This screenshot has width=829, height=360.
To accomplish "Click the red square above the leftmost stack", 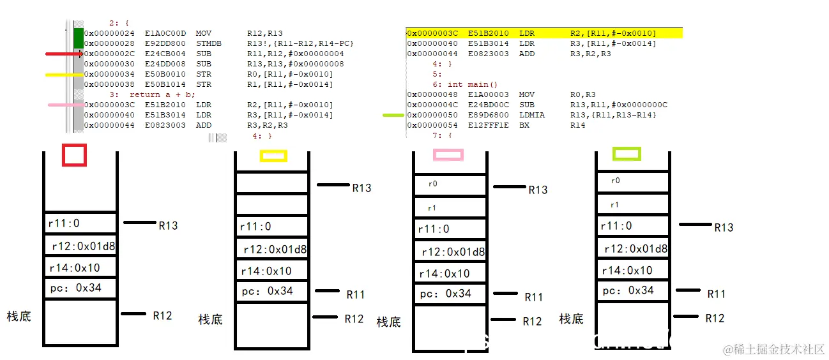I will (x=74, y=155).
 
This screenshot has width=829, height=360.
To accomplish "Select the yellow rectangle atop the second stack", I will (x=273, y=156).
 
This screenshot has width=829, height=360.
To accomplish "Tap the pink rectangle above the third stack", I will (x=448, y=154).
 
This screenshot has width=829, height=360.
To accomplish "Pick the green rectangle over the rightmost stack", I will (x=627, y=154).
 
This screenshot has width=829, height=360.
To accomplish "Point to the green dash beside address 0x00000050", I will (x=393, y=115).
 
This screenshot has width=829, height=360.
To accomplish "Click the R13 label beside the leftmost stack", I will (x=168, y=226).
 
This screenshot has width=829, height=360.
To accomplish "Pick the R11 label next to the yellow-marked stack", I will (x=356, y=294).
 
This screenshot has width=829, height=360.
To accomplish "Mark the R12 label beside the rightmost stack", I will (x=715, y=318).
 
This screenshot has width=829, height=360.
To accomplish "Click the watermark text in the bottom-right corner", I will (x=773, y=349).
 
